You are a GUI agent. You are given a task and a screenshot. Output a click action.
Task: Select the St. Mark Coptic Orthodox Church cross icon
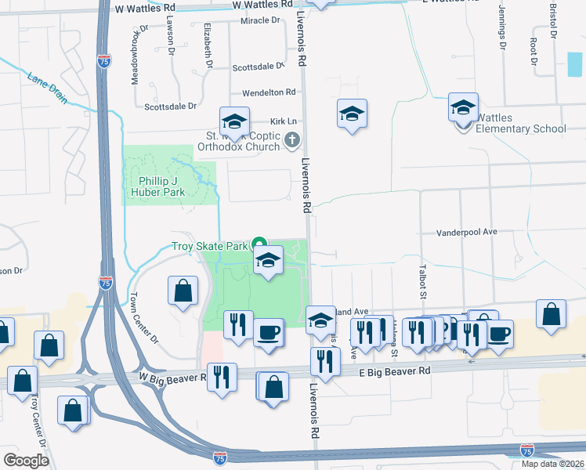[x=292, y=141]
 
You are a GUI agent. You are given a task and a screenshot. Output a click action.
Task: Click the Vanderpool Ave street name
[x=466, y=233]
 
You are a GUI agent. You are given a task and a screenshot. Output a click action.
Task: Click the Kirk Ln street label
[x=283, y=121]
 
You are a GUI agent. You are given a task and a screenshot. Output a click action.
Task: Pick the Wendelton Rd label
[x=269, y=92]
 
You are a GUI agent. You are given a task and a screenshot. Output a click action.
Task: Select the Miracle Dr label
[x=260, y=20]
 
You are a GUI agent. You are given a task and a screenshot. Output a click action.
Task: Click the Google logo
[x=27, y=460]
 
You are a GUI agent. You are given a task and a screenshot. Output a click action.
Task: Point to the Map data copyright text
[x=552, y=464]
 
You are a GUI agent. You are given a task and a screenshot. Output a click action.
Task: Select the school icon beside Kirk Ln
[x=234, y=121]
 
